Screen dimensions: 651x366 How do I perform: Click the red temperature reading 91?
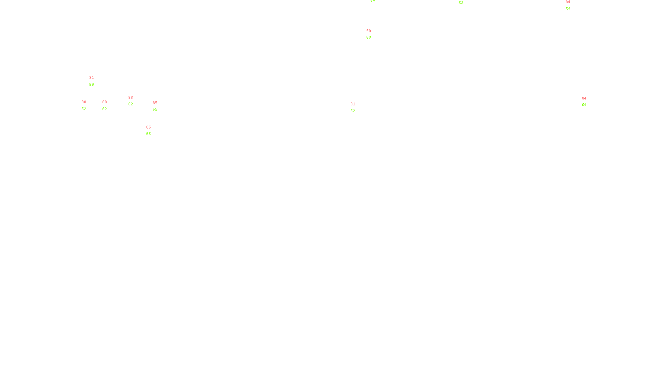[x=92, y=78]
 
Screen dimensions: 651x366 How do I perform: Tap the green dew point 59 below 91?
[x=92, y=85]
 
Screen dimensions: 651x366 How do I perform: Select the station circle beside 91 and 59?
[x=96, y=82]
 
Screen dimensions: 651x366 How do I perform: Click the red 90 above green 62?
[x=84, y=102]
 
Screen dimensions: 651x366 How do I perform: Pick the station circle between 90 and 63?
[x=372, y=35]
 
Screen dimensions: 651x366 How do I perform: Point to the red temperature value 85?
[x=155, y=103]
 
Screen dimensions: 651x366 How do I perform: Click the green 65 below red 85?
[x=155, y=109]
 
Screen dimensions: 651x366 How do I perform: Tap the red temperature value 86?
[x=149, y=127]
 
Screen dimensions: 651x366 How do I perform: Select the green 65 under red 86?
[x=149, y=134]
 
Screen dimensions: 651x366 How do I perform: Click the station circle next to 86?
[x=153, y=131]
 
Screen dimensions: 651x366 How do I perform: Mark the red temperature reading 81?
[x=353, y=104]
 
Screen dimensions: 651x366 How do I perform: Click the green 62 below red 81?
[x=353, y=111]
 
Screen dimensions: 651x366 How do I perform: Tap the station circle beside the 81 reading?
[x=357, y=108]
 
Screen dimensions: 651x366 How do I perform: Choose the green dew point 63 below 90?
[x=369, y=37]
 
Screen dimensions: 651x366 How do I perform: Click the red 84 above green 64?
[x=584, y=98]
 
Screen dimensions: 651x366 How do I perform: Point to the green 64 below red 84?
[x=584, y=105]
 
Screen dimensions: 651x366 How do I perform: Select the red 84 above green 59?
[x=568, y=2]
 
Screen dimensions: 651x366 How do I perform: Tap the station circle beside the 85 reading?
[x=159, y=106]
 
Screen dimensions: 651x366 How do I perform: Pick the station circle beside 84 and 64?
[x=588, y=102]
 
